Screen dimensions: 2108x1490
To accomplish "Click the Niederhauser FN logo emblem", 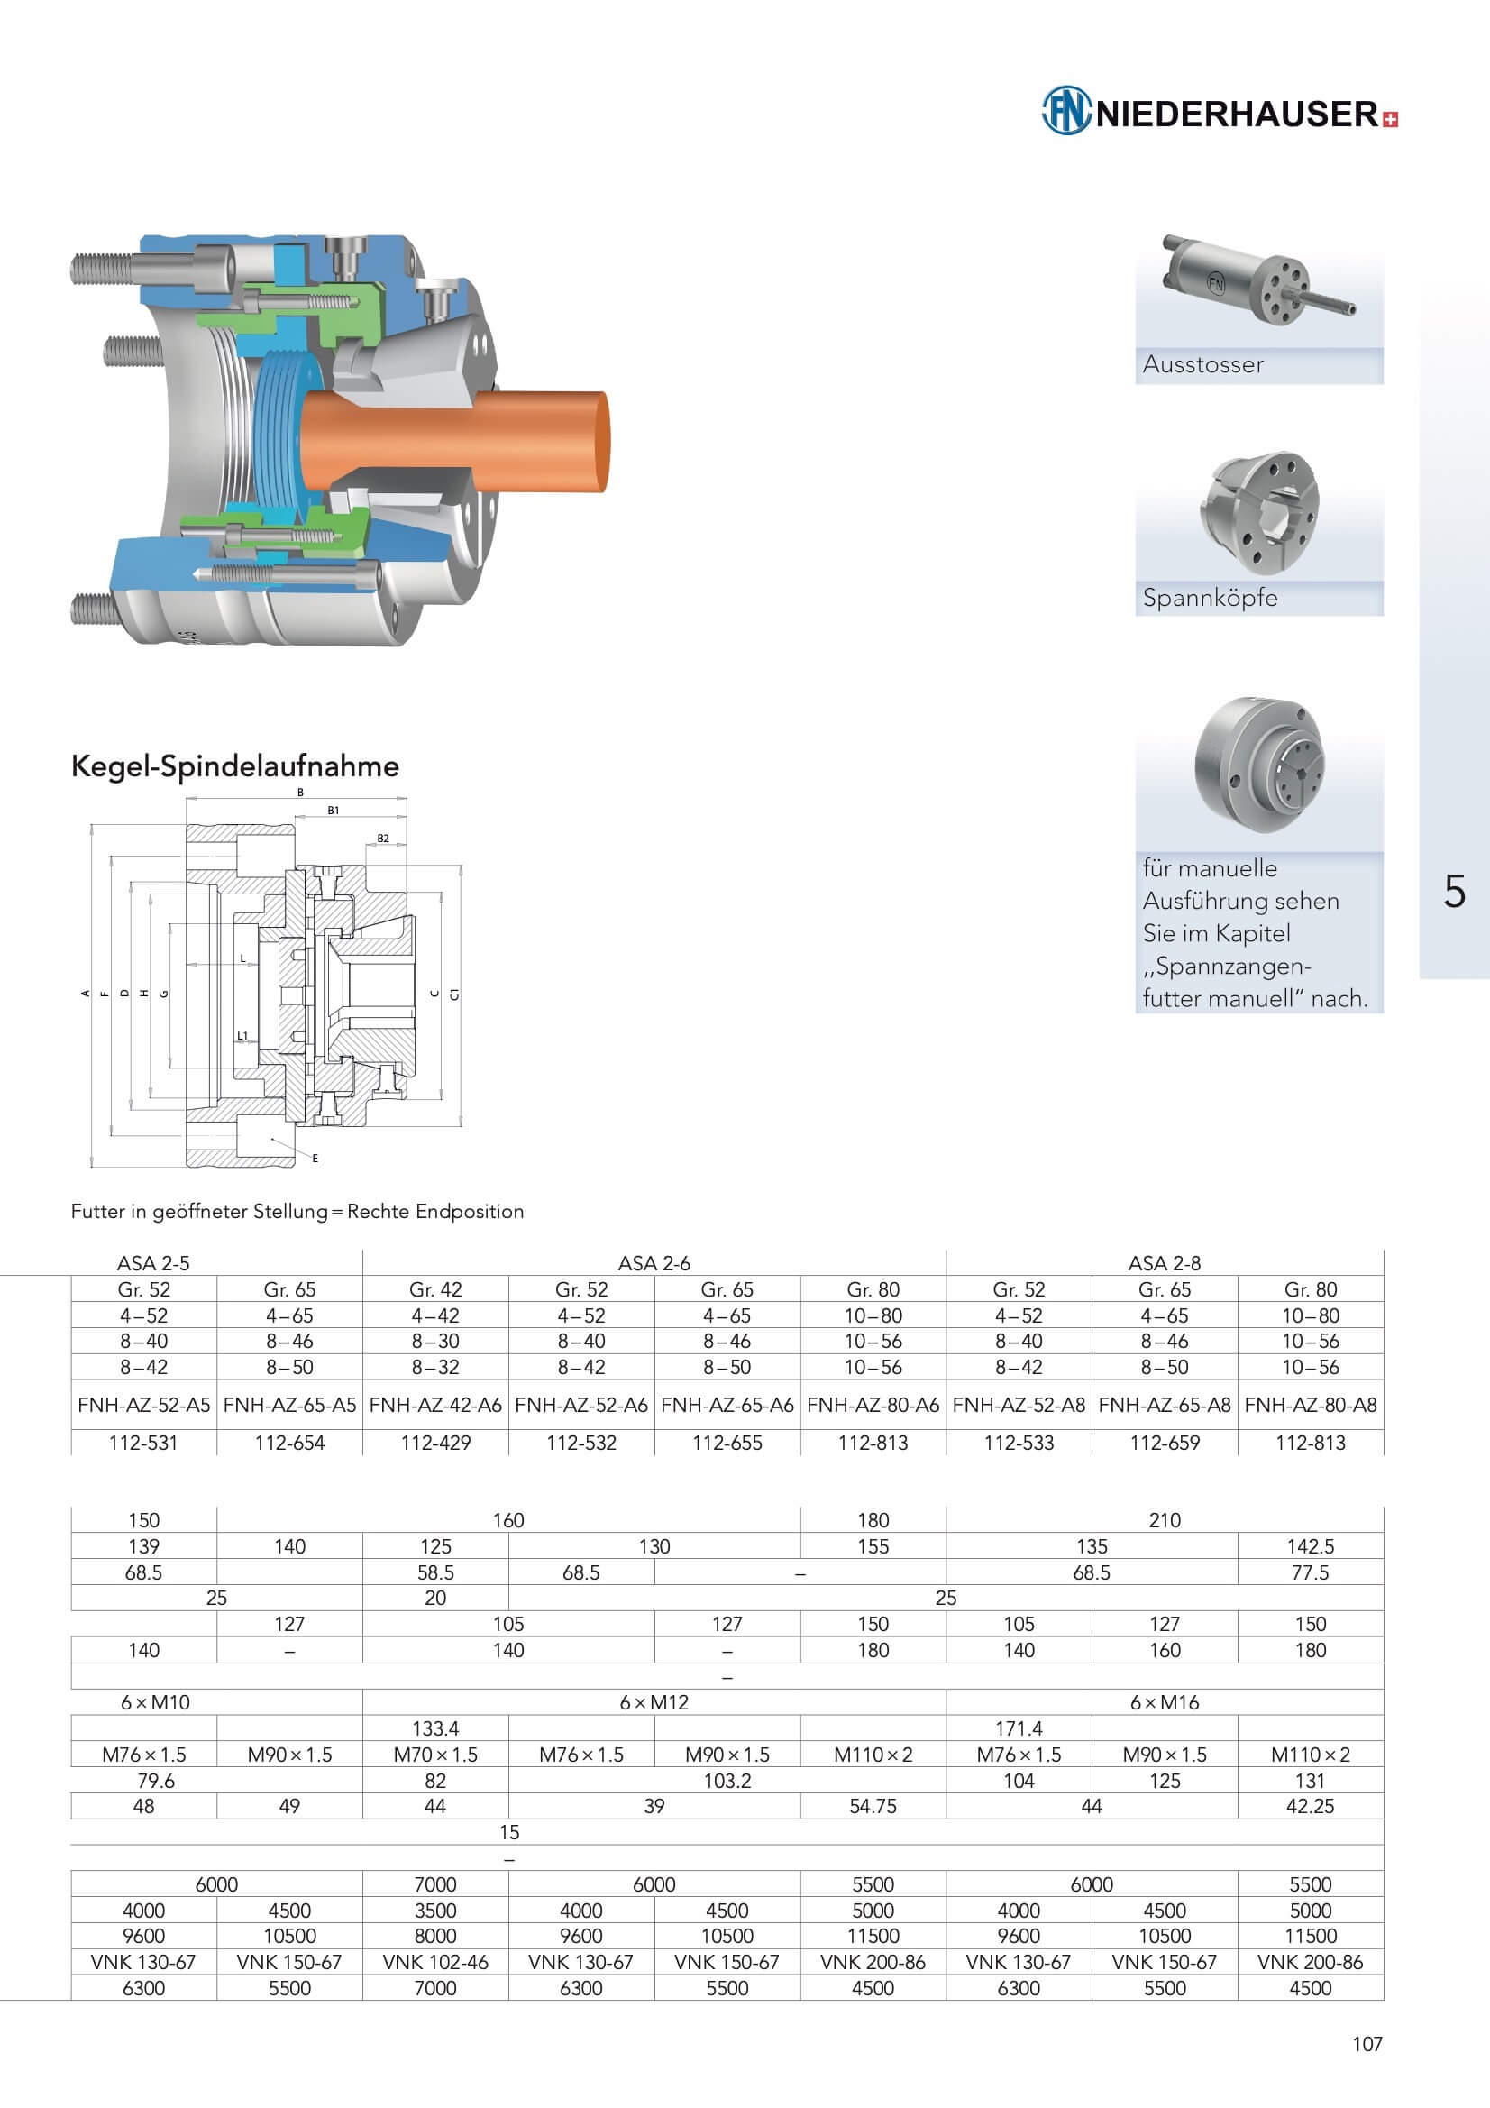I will [x=1065, y=111].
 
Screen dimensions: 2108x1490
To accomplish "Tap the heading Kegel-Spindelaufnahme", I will [x=235, y=765].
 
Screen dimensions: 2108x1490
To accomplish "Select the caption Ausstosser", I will [x=1202, y=364].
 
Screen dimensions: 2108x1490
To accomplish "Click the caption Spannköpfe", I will [x=1210, y=598].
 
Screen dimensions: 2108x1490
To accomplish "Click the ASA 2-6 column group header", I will [x=654, y=1262].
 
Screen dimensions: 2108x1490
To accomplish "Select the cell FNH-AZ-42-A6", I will [x=435, y=1405].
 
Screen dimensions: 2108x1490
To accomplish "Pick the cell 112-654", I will [x=289, y=1443].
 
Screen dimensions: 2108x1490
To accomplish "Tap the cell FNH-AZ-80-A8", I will [x=1310, y=1405].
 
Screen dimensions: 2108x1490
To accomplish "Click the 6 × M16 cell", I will [x=1164, y=1702].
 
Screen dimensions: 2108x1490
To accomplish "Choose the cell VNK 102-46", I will [x=435, y=1962].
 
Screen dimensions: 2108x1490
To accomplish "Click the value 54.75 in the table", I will [x=873, y=1806].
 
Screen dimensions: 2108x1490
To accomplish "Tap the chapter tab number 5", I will [x=1454, y=892].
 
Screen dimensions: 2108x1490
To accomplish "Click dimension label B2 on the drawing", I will [x=383, y=839].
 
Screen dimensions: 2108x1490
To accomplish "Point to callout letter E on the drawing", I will [x=315, y=1159].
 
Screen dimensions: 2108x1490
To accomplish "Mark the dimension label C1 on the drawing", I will [x=455, y=994].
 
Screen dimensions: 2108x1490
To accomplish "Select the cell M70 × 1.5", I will [x=435, y=1755].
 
